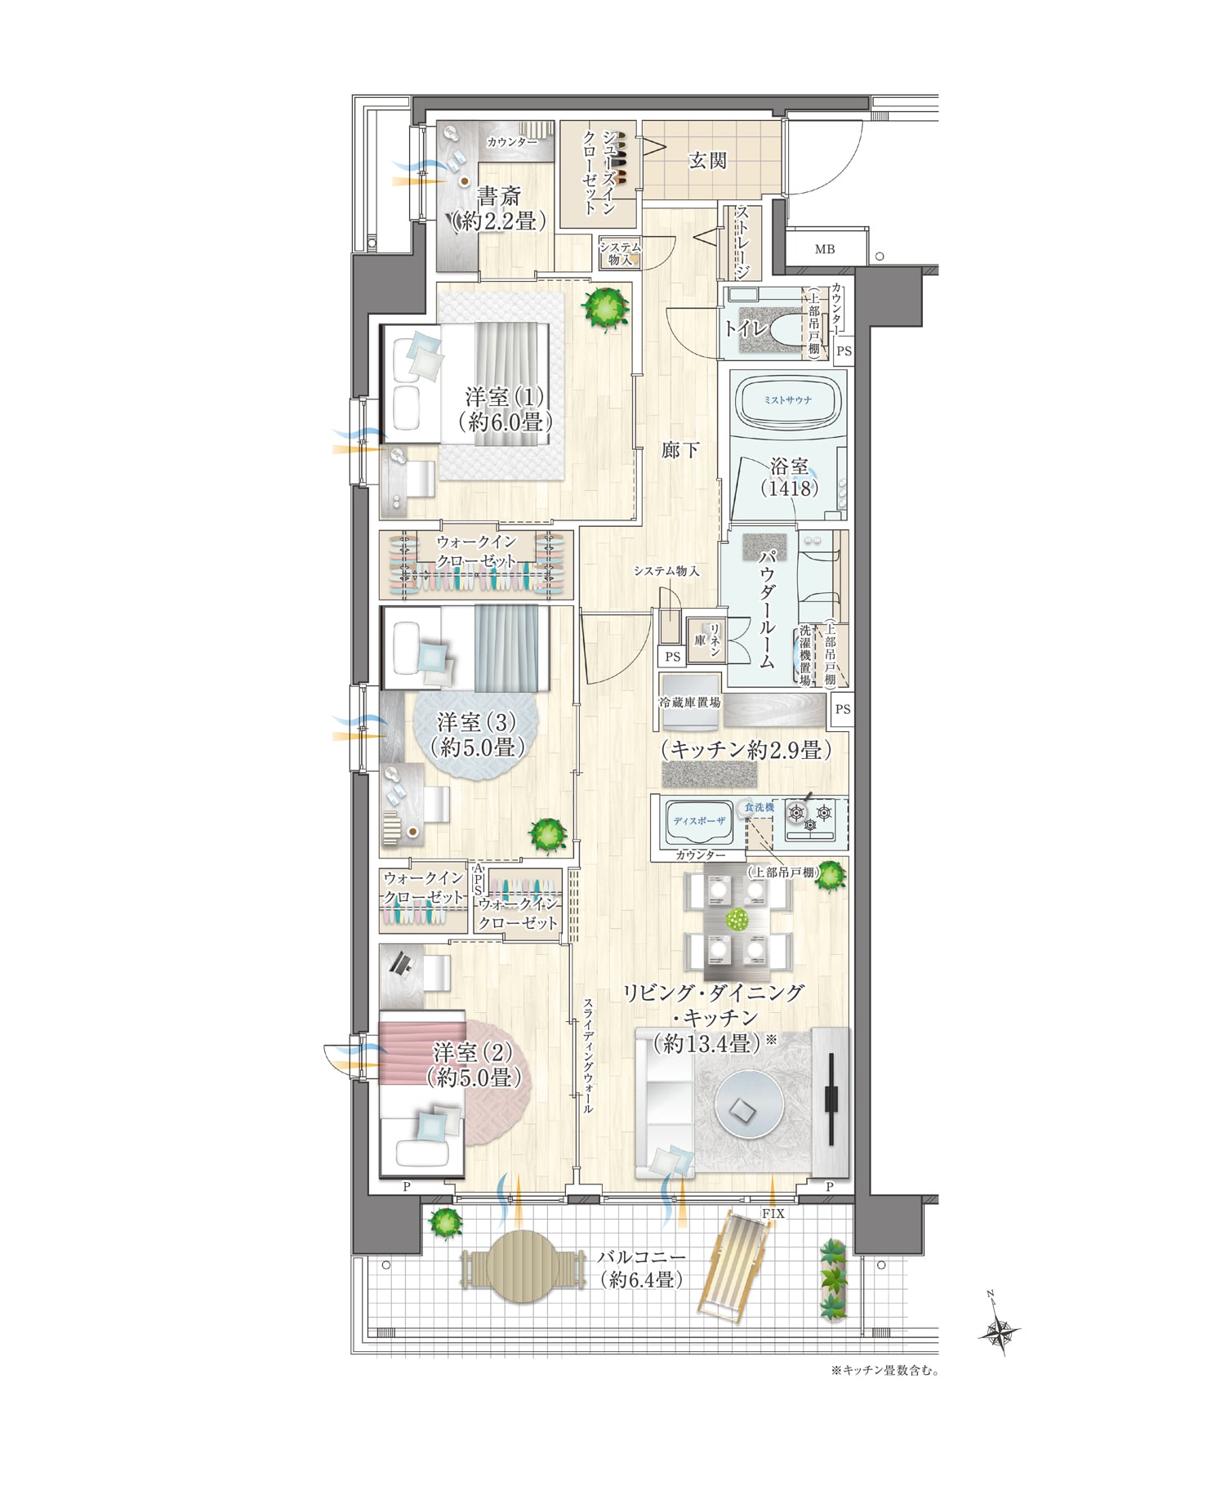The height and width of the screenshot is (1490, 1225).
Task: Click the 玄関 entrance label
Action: tap(707, 160)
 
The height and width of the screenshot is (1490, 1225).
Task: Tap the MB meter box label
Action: tap(825, 249)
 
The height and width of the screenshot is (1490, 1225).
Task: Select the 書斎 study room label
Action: tap(498, 196)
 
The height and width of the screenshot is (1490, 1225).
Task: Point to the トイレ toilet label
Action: tap(746, 328)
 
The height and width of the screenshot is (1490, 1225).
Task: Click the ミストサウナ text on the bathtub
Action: tap(788, 399)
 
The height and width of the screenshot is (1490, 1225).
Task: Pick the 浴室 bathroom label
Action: tap(790, 467)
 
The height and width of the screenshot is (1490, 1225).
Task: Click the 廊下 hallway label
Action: tap(679, 449)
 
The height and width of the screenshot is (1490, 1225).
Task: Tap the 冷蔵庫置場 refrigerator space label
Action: tap(690, 703)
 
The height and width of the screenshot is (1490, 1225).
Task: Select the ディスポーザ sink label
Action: tap(699, 820)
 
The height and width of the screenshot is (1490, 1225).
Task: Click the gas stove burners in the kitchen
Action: tap(811, 817)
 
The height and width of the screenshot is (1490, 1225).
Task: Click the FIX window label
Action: tap(773, 1214)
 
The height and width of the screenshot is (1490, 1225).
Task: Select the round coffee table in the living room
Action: tap(750, 1108)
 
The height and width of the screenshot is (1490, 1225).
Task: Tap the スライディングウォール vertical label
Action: tap(588, 1057)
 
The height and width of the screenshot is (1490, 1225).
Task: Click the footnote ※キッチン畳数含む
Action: tap(884, 1370)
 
